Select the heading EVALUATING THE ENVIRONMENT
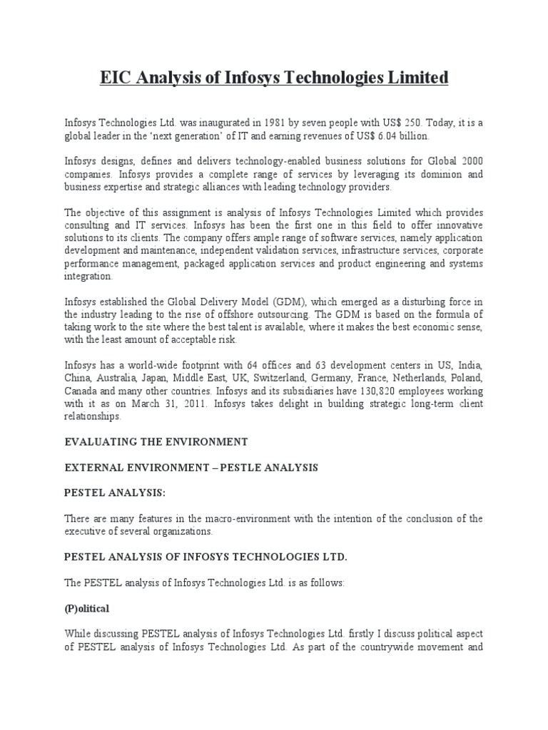pos(156,442)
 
